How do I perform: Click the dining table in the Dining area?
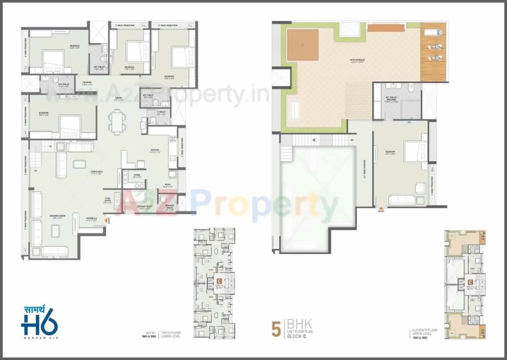tap(117, 122)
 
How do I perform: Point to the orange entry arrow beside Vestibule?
tap(107, 220)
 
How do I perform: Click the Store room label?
tap(137, 175)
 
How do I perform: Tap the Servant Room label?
tap(144, 207)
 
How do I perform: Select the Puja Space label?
tap(108, 201)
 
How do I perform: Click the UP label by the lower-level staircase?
tap(36, 171)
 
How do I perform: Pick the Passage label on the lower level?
tap(87, 83)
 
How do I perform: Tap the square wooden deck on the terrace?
tap(302, 45)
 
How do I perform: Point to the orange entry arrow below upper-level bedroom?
tap(381, 207)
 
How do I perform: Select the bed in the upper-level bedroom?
tap(415, 151)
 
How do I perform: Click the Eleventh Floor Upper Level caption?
tap(422, 334)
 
